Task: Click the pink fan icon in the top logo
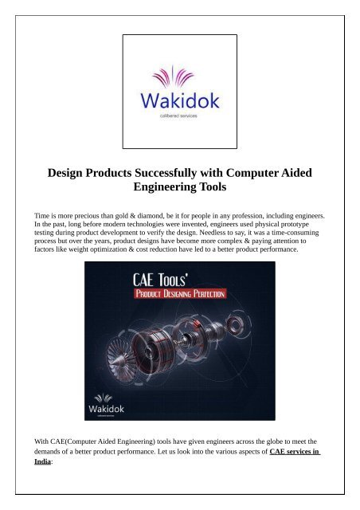pyautogui.click(x=178, y=79)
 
